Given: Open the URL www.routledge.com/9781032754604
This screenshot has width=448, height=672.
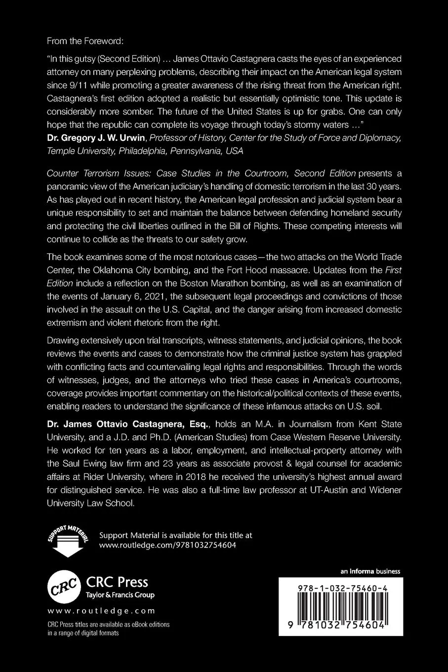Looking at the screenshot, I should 168,546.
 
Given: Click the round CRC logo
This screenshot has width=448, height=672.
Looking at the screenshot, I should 64,586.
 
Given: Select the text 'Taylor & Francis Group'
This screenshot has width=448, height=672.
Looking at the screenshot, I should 121,595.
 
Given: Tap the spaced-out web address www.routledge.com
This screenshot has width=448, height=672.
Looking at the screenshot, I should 101,611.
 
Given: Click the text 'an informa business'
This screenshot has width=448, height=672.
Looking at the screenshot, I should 370,572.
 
